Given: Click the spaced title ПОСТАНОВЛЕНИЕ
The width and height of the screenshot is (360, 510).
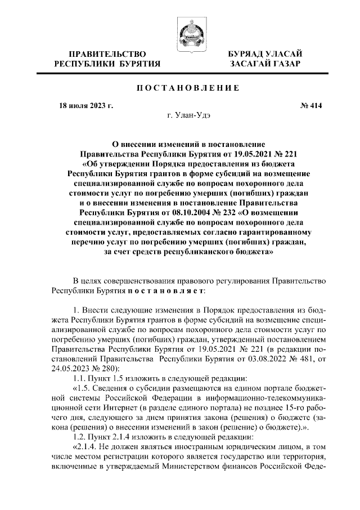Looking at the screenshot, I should (180, 87).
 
